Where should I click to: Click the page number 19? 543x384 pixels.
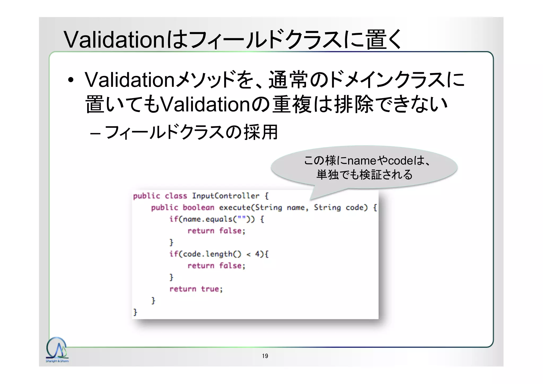265,356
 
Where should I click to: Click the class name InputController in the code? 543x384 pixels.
225,196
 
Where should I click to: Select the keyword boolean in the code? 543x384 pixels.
198,208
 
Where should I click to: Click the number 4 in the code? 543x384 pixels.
257,254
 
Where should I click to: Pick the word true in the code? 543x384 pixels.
211,289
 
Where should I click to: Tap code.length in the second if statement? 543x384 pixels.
207,254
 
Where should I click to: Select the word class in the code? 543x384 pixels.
176,196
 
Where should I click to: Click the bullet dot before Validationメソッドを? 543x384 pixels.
71,80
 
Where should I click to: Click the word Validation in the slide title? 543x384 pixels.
115,40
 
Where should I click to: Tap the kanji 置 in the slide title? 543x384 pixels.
376,40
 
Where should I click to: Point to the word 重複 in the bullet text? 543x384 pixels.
292,104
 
